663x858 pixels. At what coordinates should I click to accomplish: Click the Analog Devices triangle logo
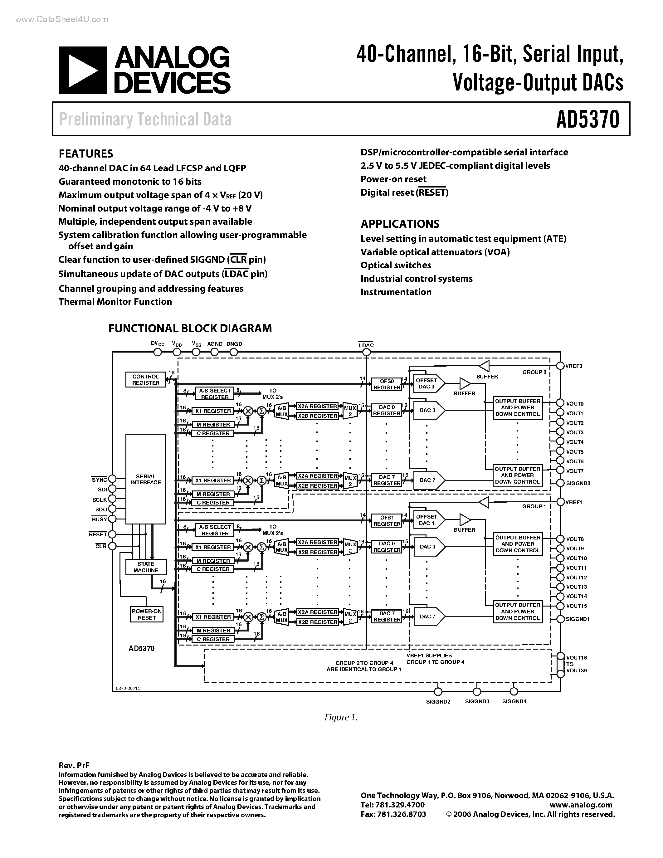tap(82, 70)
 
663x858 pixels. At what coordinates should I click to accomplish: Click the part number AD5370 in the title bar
tap(587, 119)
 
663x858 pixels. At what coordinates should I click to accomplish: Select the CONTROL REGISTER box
tap(146, 379)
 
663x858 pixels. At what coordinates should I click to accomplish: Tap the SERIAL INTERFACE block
tap(146, 479)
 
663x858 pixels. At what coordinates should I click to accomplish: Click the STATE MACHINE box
tap(146, 567)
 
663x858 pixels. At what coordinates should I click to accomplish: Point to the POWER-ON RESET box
tap(147, 614)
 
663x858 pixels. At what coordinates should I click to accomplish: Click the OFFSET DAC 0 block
tap(428, 383)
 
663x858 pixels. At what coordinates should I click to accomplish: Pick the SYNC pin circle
tap(112, 479)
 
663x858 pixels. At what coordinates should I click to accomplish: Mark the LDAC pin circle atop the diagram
tap(366, 352)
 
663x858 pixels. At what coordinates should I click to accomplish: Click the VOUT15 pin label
tap(576, 606)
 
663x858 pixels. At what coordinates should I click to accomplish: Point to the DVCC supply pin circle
tap(158, 352)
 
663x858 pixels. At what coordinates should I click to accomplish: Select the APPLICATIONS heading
tap(400, 224)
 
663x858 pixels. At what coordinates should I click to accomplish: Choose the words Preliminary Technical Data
tap(145, 119)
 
